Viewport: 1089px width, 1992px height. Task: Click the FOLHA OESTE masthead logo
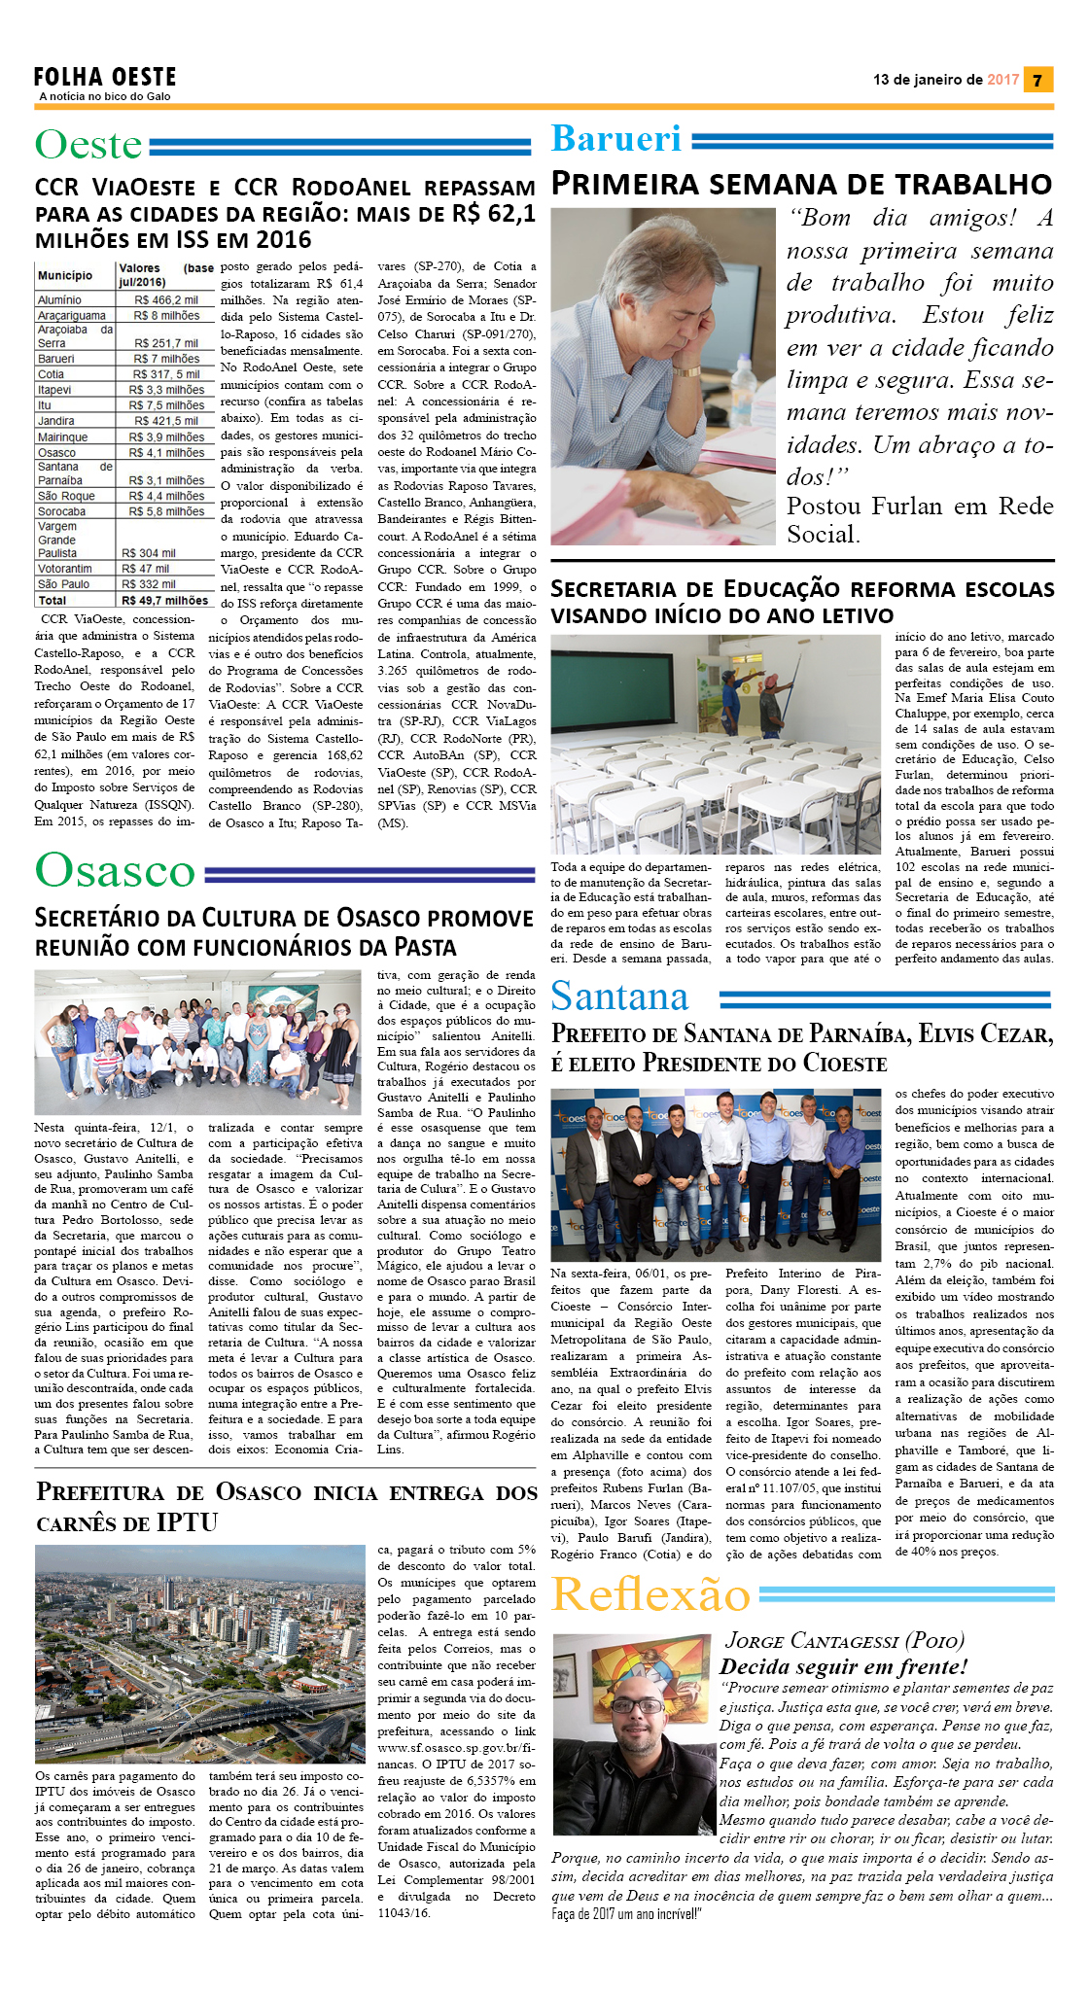[x=105, y=78]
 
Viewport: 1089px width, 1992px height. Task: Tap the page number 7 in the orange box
[x=1037, y=80]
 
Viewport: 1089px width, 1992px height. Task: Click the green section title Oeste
[x=88, y=145]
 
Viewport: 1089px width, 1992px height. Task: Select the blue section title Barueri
[x=616, y=139]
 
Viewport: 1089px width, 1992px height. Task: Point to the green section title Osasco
[x=115, y=870]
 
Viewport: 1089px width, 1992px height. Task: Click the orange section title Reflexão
[x=650, y=1595]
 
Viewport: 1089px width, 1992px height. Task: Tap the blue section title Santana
[x=619, y=996]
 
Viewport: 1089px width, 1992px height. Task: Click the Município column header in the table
[x=65, y=275]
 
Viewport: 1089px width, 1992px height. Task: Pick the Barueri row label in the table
[x=56, y=359]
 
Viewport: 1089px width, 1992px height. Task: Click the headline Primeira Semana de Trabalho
[x=801, y=184]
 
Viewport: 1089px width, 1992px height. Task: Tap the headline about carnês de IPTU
[x=286, y=1507]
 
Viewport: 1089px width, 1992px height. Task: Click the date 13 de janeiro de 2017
[x=945, y=80]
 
